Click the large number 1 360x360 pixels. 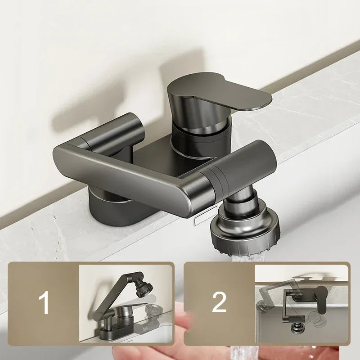[x=45, y=302]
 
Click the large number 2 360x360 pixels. [x=219, y=302]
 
